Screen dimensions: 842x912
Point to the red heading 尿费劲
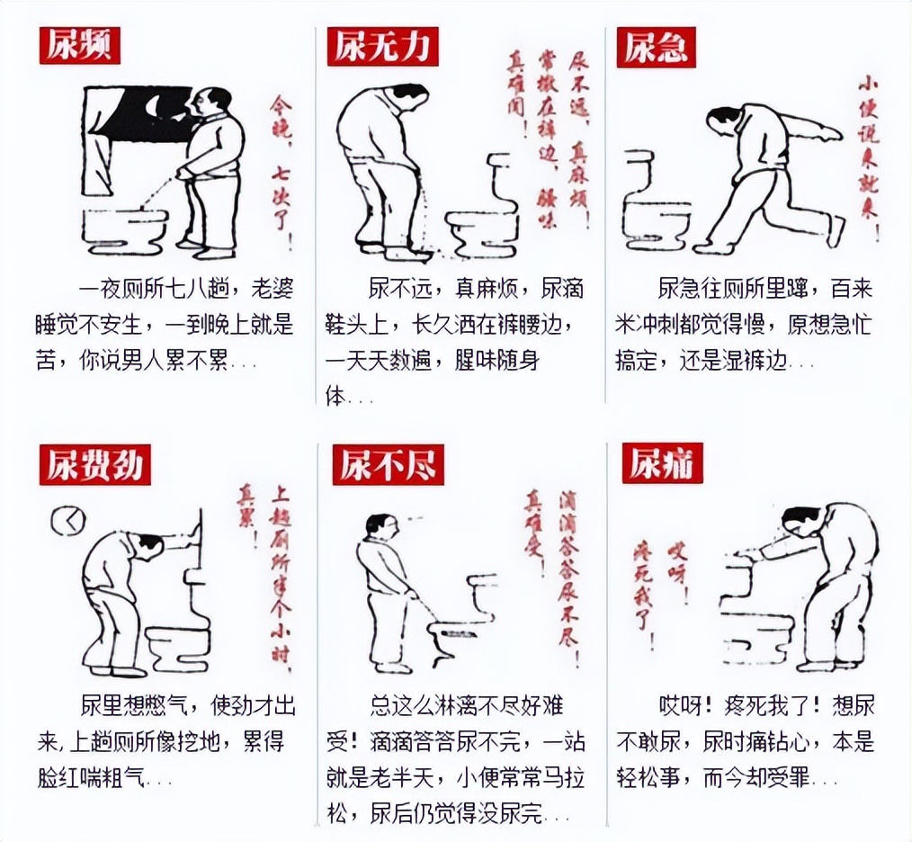pos(94,466)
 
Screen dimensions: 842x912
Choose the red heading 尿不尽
pos(387,466)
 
